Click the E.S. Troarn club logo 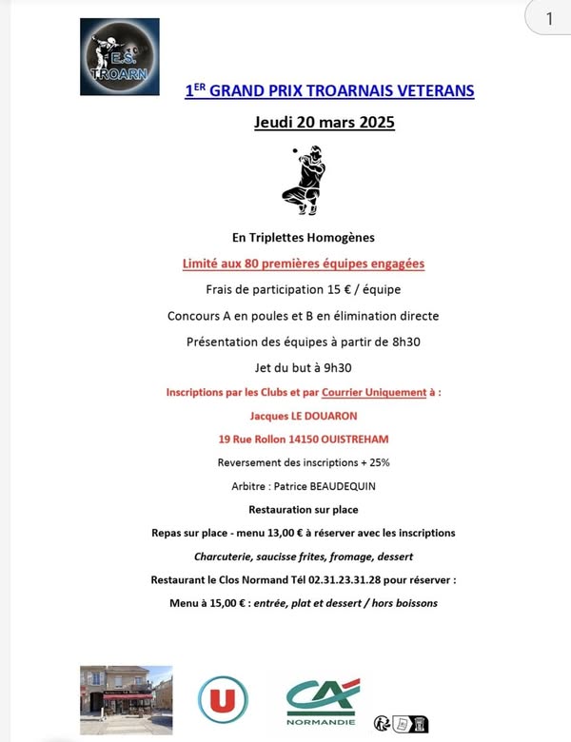[x=119, y=57]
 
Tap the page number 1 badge [x=550, y=19]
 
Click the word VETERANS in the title [x=433, y=91]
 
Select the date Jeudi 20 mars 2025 [x=325, y=122]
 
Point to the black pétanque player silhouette [x=304, y=180]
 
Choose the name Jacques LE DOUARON [x=304, y=416]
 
